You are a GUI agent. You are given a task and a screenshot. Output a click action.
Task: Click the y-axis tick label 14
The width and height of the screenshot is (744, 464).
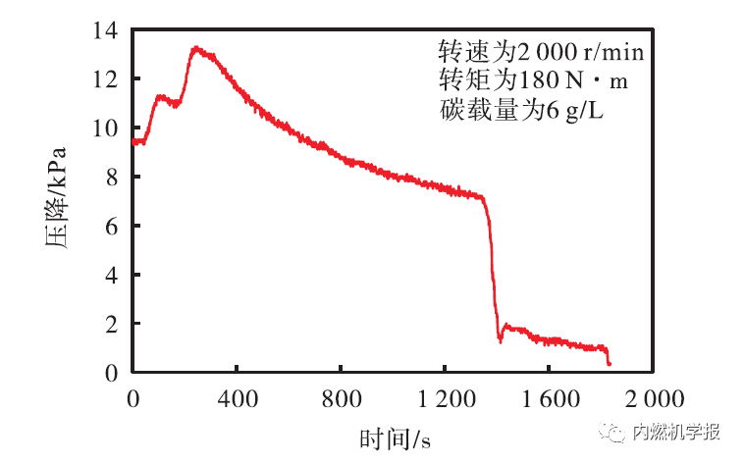105,31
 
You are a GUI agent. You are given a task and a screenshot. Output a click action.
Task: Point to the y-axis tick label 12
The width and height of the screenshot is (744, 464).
105,79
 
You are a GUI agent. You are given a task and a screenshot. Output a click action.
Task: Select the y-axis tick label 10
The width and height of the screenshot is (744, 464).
105,129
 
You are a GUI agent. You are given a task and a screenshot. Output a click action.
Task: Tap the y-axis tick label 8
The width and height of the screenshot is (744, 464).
111,178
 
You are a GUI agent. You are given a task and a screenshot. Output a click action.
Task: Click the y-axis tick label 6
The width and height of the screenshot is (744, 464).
111,227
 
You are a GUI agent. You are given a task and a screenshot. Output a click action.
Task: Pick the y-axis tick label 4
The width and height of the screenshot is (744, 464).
111,276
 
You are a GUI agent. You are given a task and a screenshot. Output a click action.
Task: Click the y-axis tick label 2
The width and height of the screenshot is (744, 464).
111,324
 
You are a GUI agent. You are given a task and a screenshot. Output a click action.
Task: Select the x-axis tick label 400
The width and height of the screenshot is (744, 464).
237,398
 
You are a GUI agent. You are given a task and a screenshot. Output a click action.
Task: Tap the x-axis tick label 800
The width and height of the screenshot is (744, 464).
341,398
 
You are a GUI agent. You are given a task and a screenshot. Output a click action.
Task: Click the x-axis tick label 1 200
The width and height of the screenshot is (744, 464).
444,398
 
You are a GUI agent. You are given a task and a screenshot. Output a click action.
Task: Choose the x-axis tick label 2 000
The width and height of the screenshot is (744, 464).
653,398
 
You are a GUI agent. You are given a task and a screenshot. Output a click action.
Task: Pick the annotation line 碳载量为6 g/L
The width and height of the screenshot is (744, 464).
520,111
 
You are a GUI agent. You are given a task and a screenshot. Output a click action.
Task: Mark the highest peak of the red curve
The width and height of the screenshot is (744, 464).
196,47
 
